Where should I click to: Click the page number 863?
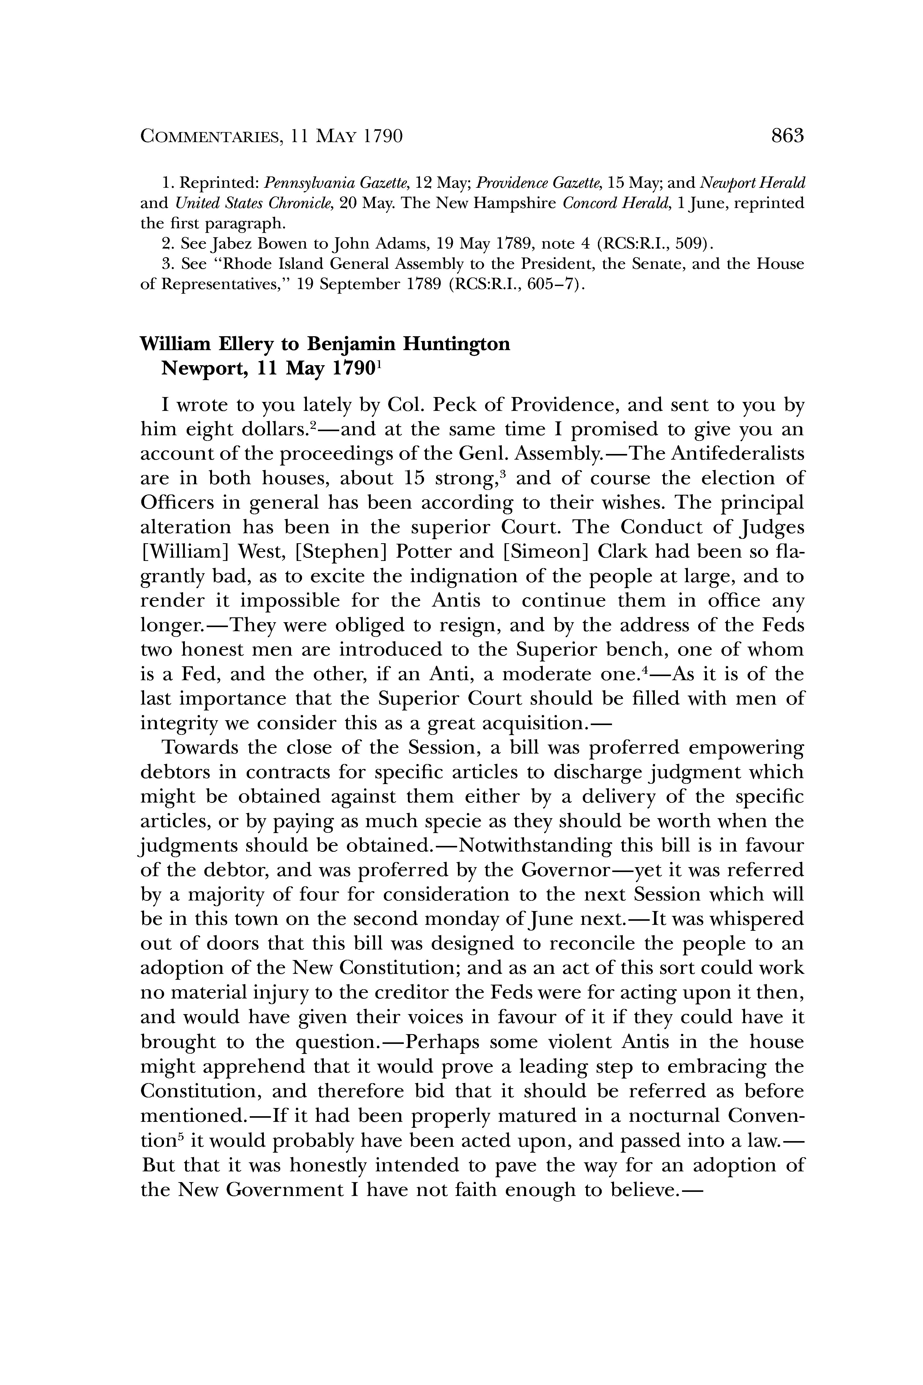tap(787, 137)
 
